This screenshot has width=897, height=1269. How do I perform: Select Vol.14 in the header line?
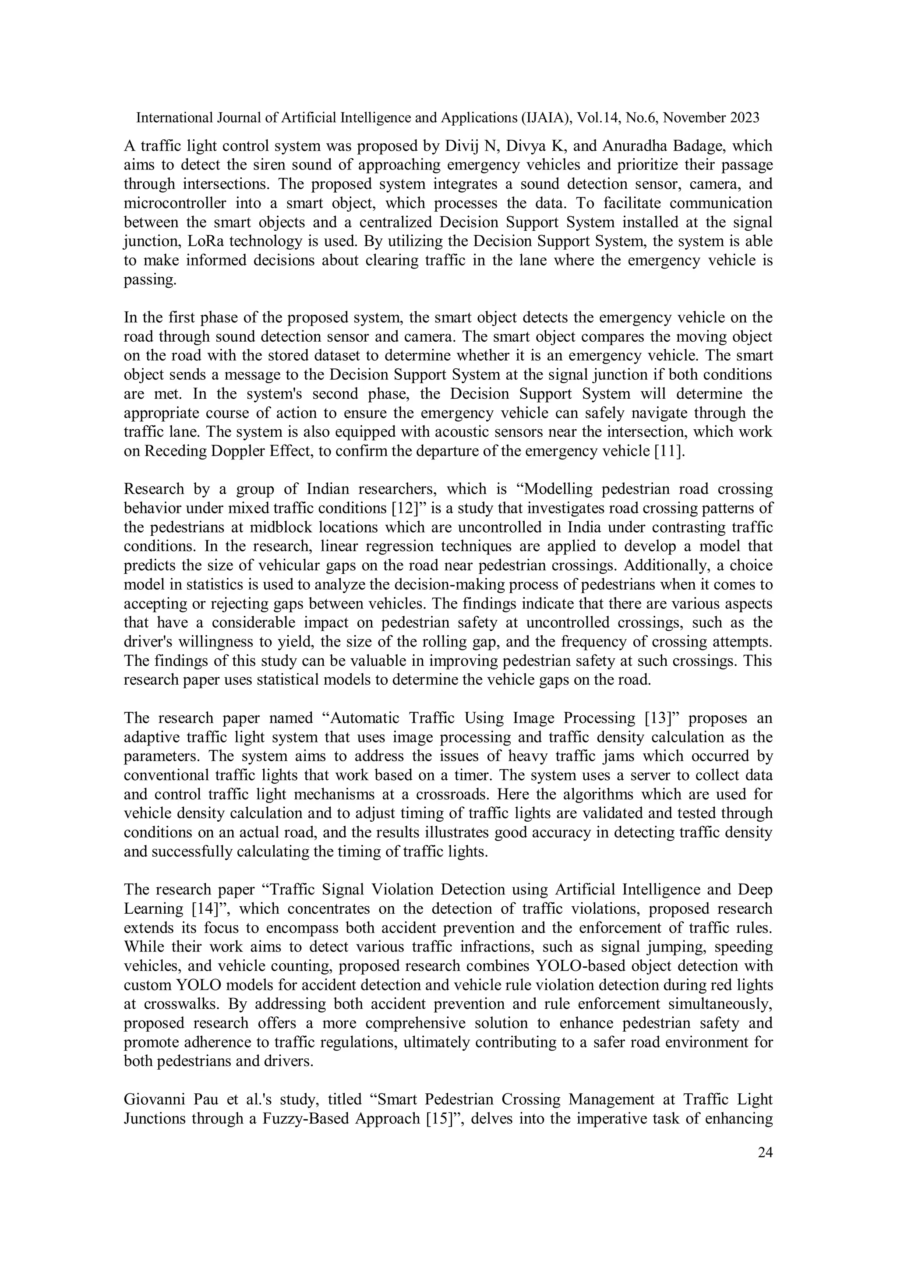pyautogui.click(x=599, y=118)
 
